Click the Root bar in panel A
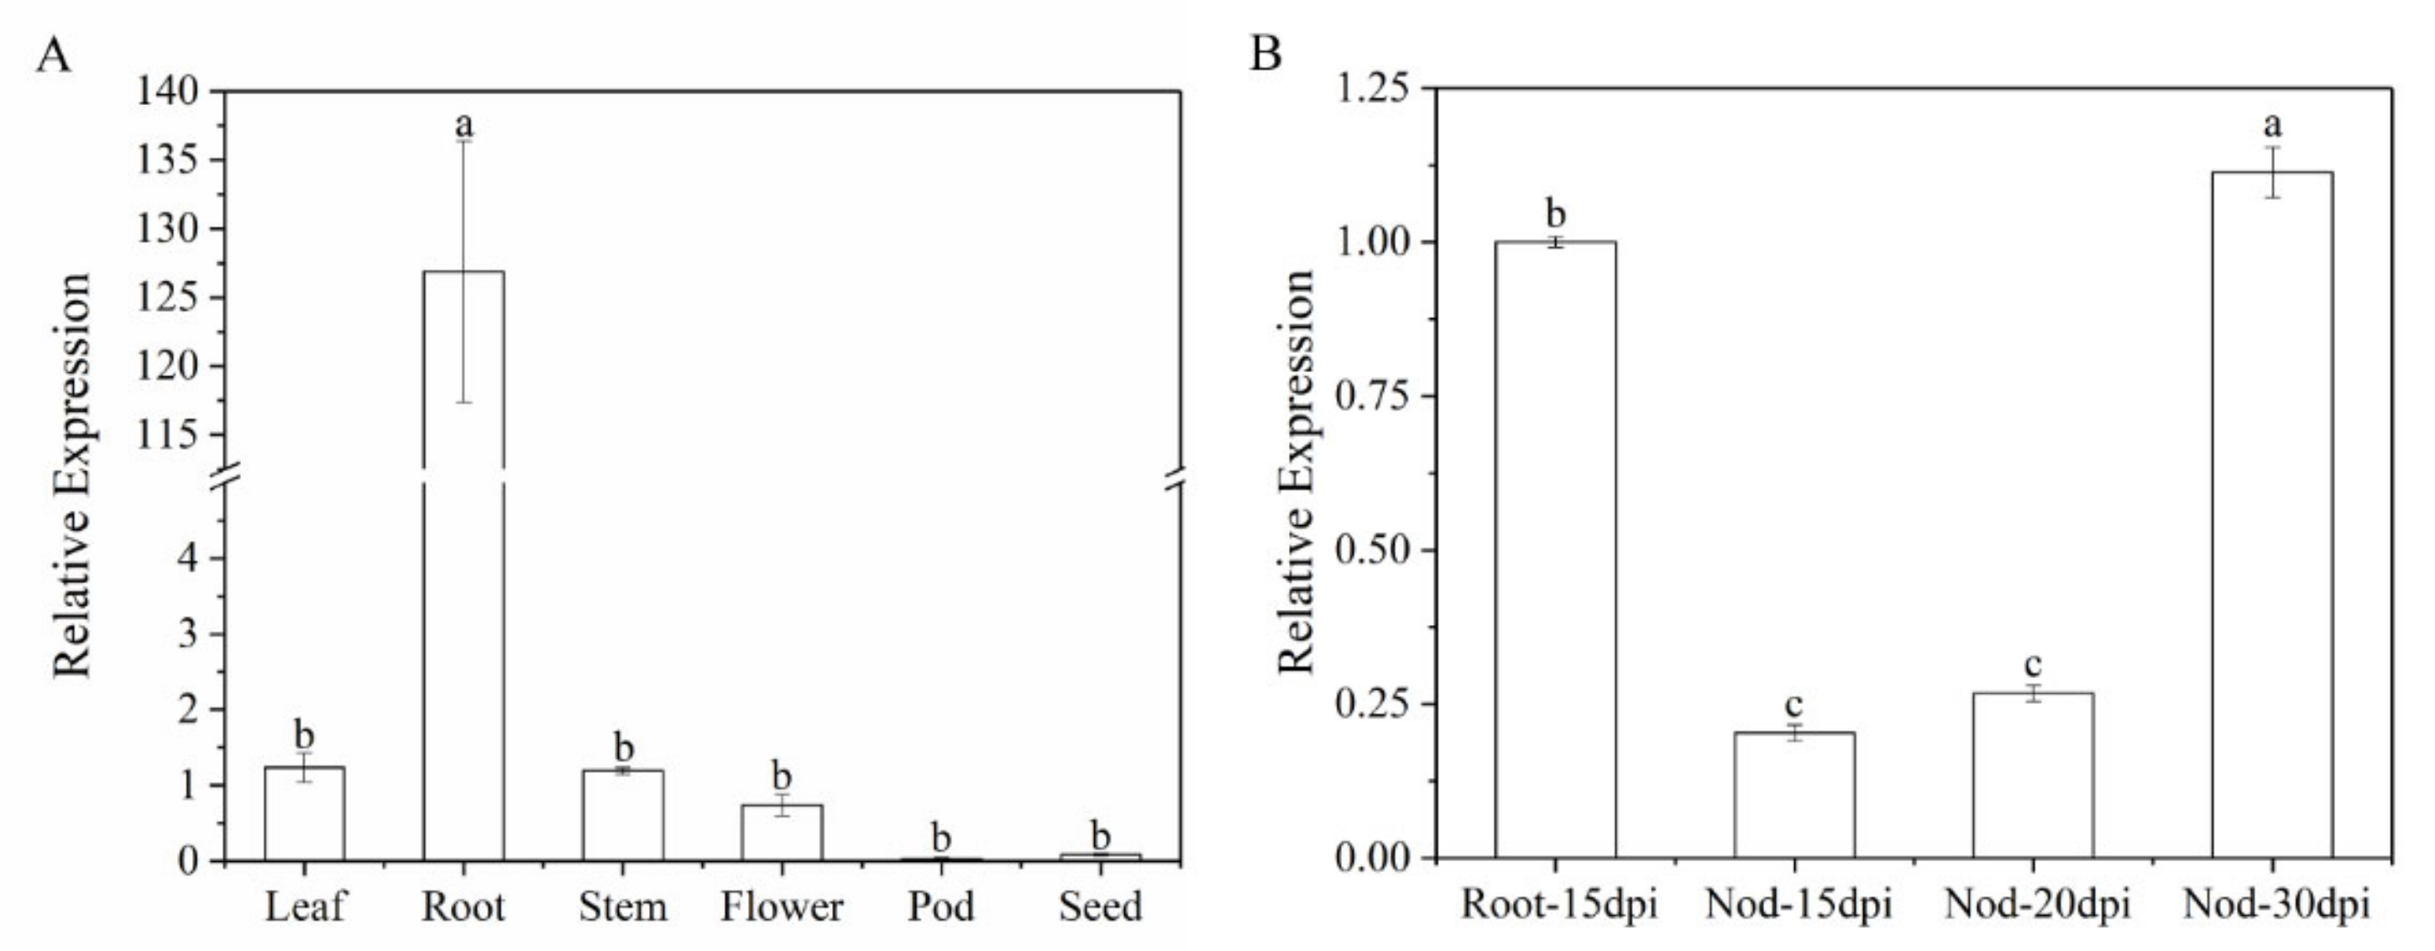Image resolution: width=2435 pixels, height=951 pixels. click(463, 567)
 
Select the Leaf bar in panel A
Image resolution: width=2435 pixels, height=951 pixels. click(304, 814)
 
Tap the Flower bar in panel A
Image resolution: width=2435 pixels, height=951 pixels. click(782, 833)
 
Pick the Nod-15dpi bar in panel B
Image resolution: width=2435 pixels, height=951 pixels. click(1794, 795)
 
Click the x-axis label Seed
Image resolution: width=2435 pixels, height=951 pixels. click(1100, 907)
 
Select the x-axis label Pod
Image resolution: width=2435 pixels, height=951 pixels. click(940, 907)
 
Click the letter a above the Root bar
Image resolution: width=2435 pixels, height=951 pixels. click(464, 123)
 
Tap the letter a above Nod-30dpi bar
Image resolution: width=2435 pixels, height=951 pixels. click(2272, 123)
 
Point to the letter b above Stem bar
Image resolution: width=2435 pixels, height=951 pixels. click(623, 747)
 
